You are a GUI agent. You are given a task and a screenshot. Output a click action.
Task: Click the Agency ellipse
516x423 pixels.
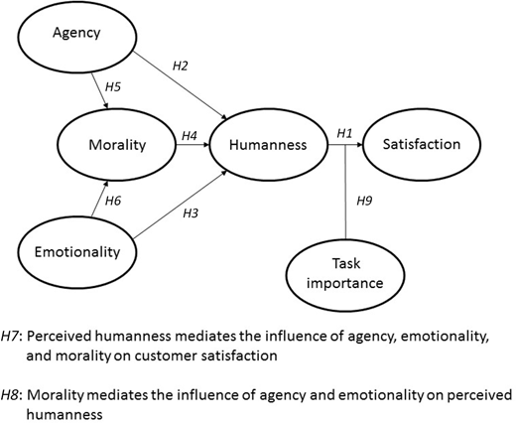(77, 37)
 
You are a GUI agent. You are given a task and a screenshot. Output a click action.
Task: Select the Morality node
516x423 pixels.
(117, 145)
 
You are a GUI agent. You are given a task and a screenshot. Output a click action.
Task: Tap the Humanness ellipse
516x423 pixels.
(268, 145)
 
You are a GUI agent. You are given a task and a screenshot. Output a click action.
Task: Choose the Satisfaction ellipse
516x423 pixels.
(422, 145)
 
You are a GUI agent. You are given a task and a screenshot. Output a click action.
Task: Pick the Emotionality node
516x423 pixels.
(77, 252)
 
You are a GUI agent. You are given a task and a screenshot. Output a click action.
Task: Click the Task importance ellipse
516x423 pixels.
(345, 275)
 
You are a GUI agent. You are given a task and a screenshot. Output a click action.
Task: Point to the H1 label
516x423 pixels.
(344, 133)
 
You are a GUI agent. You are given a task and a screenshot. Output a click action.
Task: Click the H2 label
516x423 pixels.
(181, 66)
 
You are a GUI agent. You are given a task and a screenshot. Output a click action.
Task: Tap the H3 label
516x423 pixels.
(191, 213)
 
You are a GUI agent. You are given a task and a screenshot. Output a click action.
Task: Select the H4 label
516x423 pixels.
(190, 135)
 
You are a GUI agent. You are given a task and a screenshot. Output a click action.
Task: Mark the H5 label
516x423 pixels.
(113, 86)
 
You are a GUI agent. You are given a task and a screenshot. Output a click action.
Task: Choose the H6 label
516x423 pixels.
(113, 201)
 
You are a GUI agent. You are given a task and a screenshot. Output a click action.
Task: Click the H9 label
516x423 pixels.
(364, 201)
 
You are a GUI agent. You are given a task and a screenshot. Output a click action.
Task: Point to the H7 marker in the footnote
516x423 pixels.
(10, 337)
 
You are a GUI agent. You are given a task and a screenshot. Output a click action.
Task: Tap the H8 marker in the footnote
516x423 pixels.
(10, 395)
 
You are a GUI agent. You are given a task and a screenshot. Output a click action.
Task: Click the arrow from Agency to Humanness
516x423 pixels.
(180, 85)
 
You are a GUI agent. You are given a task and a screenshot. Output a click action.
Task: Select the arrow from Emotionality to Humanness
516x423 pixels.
(180, 205)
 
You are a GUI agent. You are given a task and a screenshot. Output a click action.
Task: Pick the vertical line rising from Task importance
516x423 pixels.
(345, 192)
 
